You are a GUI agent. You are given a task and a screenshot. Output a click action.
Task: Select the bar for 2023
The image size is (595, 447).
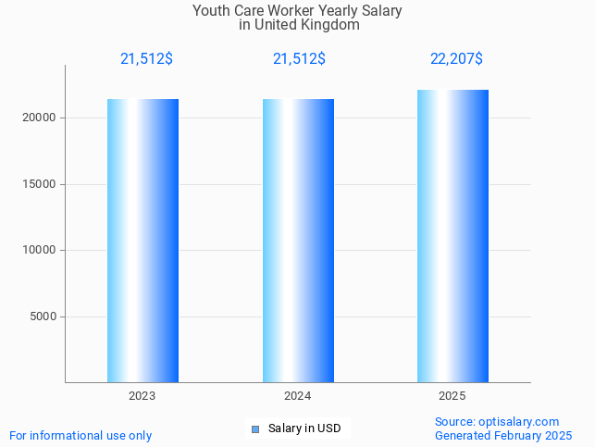click(143, 241)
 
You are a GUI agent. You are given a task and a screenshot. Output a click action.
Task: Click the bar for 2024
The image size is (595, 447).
click(298, 241)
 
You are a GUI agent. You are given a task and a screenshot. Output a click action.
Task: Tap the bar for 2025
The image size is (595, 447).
click(452, 236)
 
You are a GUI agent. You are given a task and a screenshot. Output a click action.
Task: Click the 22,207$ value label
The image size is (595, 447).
click(456, 59)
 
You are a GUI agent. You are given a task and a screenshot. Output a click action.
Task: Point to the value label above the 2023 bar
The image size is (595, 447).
click(146, 59)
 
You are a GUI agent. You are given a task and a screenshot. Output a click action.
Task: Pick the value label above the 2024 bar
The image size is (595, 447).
click(299, 59)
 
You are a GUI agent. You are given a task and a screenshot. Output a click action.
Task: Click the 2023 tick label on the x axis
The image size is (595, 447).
click(143, 396)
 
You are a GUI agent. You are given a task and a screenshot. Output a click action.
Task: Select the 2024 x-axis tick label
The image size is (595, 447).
click(298, 396)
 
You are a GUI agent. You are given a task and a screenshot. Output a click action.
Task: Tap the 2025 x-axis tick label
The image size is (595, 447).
click(452, 396)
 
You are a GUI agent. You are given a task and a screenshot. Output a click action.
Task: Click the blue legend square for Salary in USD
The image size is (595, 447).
click(255, 428)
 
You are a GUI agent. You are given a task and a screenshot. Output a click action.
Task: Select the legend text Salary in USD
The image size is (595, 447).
click(304, 428)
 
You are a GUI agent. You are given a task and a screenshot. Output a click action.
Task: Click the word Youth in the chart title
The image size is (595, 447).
click(211, 11)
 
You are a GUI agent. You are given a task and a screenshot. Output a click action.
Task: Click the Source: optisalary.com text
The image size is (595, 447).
click(497, 422)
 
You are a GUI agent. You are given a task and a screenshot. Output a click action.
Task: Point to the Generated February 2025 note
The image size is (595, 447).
click(503, 436)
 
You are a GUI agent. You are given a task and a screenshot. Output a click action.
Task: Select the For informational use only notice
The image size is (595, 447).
click(81, 436)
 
